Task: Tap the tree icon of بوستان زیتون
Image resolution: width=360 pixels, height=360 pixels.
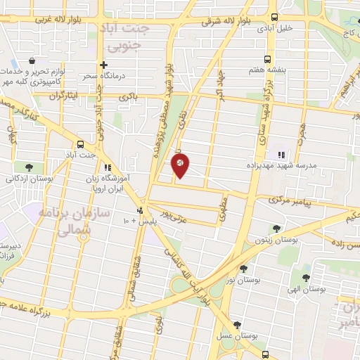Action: [x=276, y=228]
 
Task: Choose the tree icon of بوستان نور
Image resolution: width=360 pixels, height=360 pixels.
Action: [x=243, y=268]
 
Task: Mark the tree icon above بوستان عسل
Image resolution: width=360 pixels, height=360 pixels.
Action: [x=237, y=326]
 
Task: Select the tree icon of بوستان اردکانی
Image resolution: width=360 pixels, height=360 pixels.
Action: [x=29, y=167]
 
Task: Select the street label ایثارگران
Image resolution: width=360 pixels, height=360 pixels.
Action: [x=67, y=94]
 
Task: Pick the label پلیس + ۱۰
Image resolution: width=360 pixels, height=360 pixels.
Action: [x=132, y=221]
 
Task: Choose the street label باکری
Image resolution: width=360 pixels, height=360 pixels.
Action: [x=127, y=95]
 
